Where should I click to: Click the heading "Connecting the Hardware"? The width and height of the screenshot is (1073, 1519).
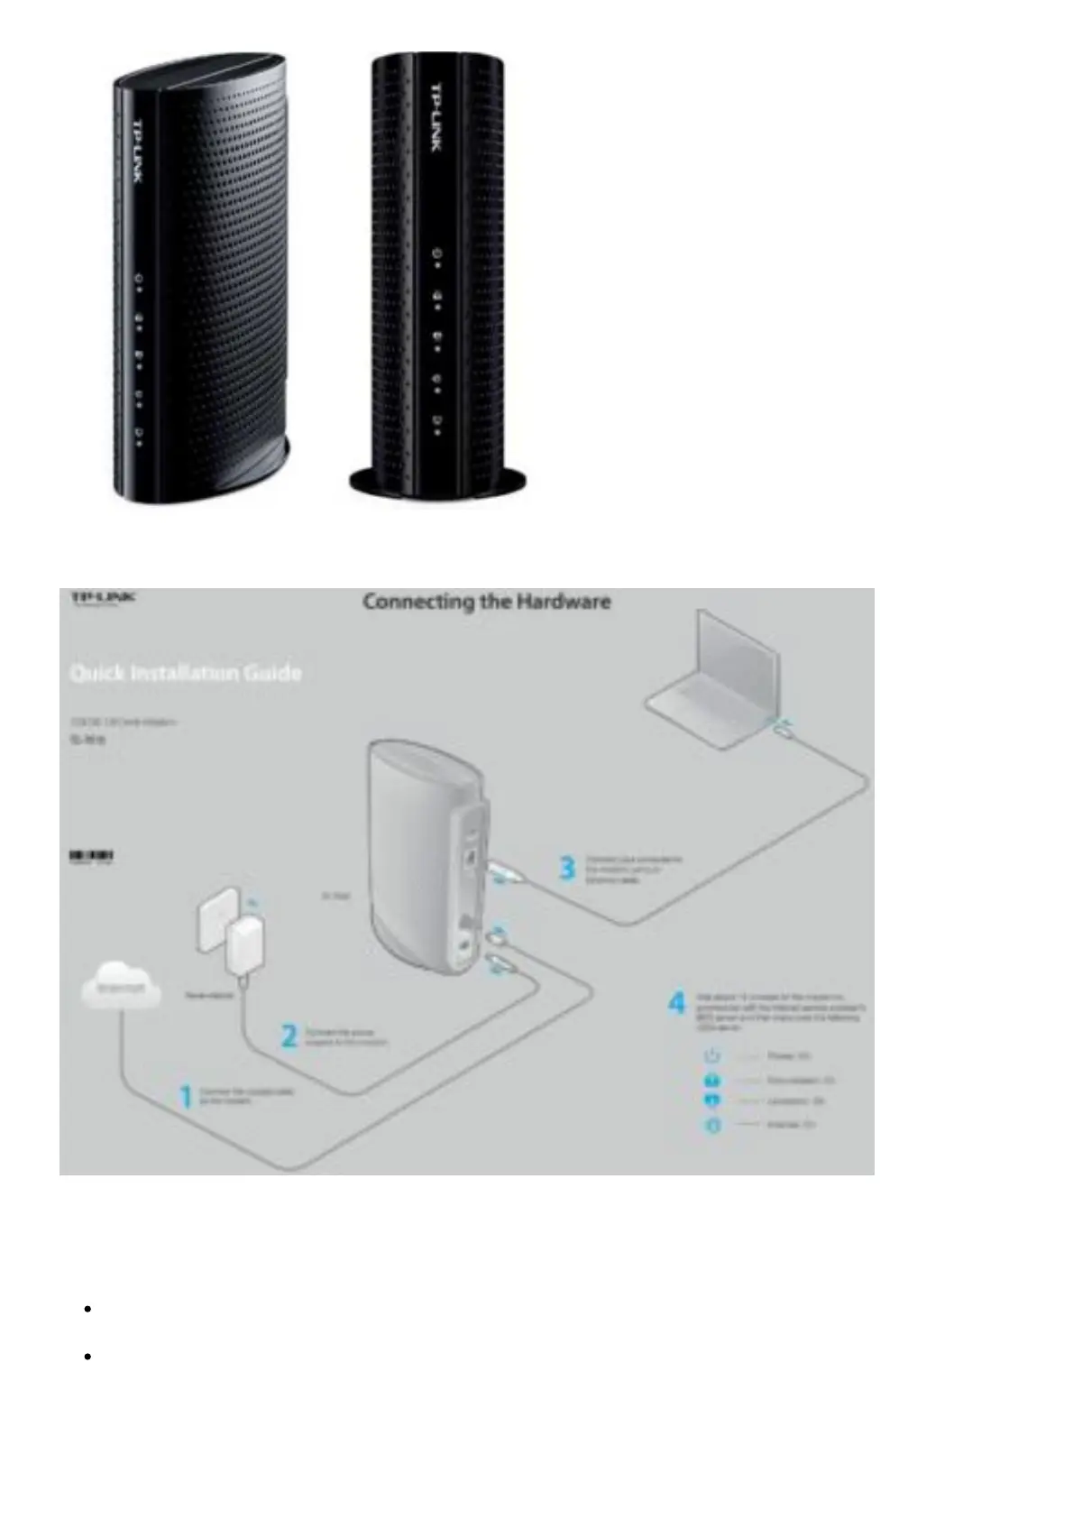pyautogui.click(x=486, y=602)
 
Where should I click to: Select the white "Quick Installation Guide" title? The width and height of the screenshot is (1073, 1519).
pyautogui.click(x=186, y=673)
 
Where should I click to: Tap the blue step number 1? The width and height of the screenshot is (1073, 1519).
pyautogui.click(x=186, y=1097)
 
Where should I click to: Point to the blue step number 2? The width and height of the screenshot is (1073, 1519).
pyautogui.click(x=289, y=1036)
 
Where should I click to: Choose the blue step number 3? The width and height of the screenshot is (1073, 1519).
pyautogui.click(x=567, y=869)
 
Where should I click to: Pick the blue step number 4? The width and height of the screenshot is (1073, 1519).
pyautogui.click(x=676, y=1002)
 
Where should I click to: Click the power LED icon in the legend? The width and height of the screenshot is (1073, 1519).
pyautogui.click(x=711, y=1055)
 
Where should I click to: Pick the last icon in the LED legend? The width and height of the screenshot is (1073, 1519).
pyautogui.click(x=712, y=1126)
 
